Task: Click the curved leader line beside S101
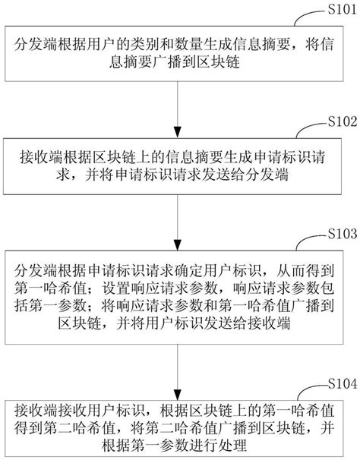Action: (308, 17)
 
